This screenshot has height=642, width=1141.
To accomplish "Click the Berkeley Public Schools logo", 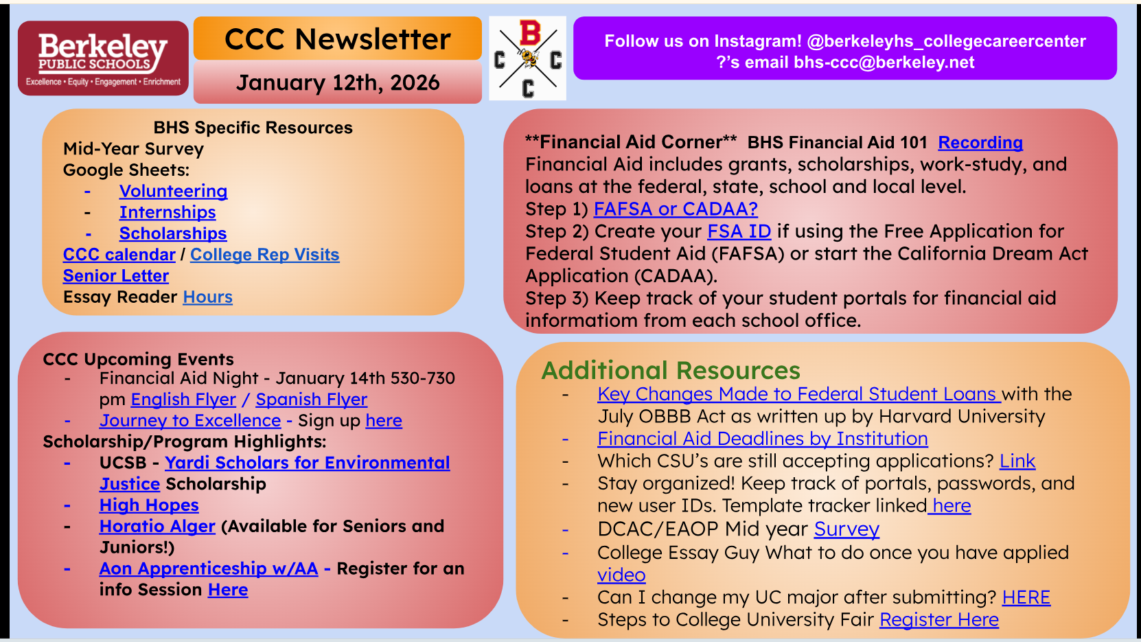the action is pos(103,58).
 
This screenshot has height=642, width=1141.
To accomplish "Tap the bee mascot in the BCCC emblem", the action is pos(528,57).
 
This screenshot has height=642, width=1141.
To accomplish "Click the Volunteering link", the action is pos(173,191).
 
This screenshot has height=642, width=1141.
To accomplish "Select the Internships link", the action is pos(168,212).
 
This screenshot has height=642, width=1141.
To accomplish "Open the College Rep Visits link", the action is pos(265,254).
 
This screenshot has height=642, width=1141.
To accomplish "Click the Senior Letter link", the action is pos(115,275).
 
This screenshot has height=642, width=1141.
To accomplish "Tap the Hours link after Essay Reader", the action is pos(208,297).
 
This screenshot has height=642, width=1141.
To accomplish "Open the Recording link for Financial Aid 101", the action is pos(980,143).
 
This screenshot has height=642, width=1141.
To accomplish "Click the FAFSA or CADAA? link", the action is pos(676,209).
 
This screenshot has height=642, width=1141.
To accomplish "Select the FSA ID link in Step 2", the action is pos(739,231).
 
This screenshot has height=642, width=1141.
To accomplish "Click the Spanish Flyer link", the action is pos(311,400).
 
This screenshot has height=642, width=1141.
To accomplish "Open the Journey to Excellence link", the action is pos(190,420).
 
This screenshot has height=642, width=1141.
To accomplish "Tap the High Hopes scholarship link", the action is pos(149,505).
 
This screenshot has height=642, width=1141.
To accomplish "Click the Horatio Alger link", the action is pos(157,526).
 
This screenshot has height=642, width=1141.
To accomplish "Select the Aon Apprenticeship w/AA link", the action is pos(209,568).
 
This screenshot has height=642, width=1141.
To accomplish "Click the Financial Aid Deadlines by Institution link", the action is pos(763,439).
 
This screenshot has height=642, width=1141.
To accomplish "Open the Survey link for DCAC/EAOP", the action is pos(846,529).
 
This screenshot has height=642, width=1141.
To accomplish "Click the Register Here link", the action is pos(938,619).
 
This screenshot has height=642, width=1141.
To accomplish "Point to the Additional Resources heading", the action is pos(671,370).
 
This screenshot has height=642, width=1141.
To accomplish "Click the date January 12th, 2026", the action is pos(338,82).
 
